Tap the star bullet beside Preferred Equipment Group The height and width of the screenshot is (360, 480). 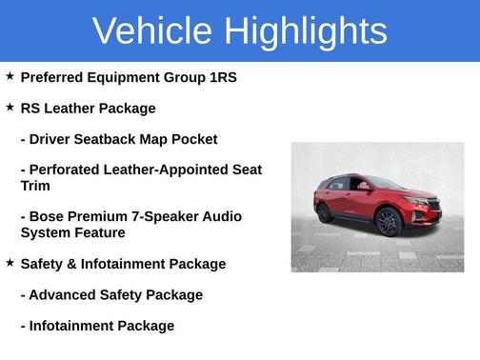click(10, 76)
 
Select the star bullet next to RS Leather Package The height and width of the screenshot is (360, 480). click(10, 108)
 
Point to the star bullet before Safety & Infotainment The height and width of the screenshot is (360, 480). click(10, 263)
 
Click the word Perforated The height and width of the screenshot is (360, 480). click(70, 170)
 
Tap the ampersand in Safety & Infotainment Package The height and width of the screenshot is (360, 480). click(71, 264)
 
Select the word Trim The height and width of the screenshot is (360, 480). click(35, 186)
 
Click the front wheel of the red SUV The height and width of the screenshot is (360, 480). click(389, 223)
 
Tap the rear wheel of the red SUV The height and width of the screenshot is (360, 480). click(325, 212)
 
